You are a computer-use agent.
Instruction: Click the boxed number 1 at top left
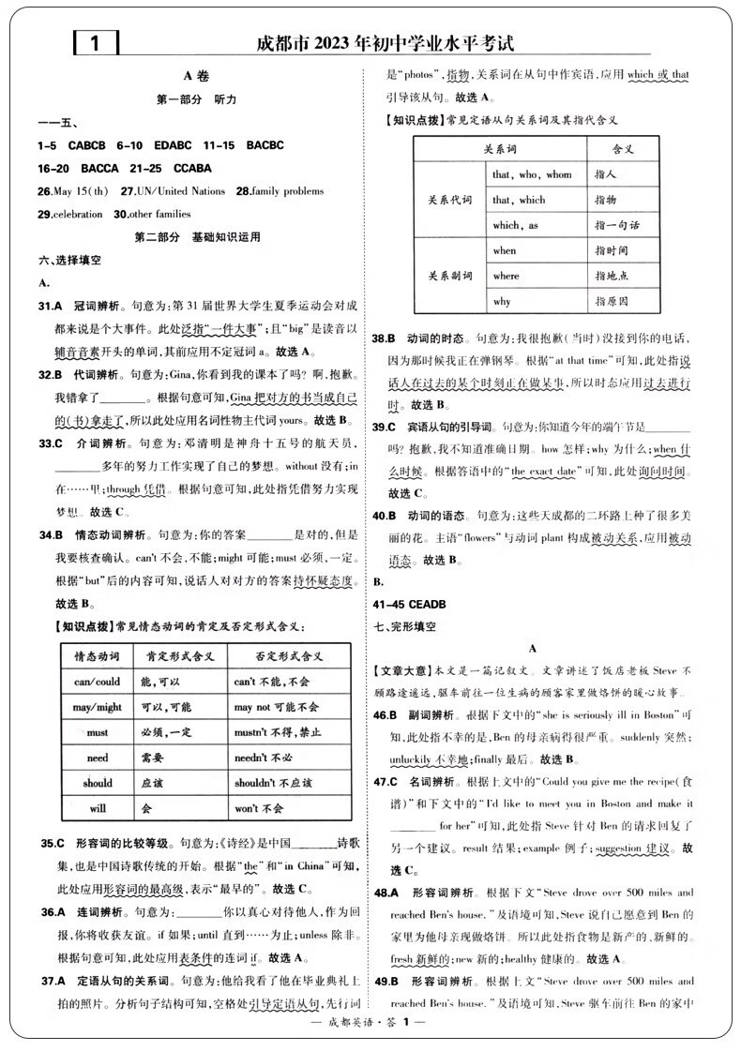tap(94, 43)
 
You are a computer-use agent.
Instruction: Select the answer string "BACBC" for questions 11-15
tap(265, 145)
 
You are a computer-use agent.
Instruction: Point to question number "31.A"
tap(50, 306)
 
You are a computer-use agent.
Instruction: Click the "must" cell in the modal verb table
tap(97, 732)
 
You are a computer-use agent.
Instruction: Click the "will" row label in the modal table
tap(97, 807)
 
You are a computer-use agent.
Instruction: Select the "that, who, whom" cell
tap(531, 174)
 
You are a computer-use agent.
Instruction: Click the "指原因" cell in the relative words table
tap(611, 301)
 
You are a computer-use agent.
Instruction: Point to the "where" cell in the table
tap(506, 276)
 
